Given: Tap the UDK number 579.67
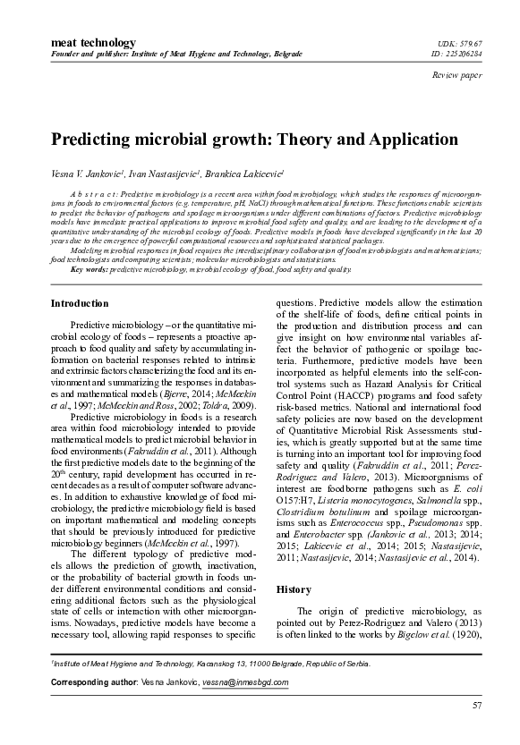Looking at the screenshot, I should (473, 43).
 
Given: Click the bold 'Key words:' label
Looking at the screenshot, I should (89, 268).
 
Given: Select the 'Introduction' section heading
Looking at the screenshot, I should (81, 304).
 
